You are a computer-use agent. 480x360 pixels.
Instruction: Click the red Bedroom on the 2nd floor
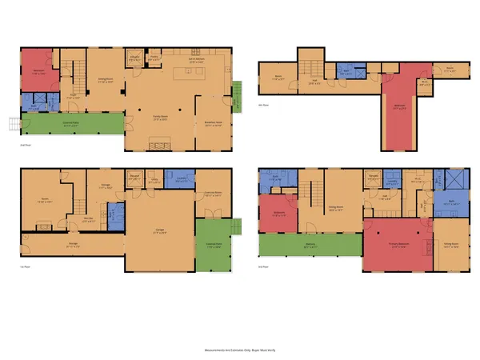click(37, 70)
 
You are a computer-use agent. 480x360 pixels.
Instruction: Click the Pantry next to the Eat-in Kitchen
click(155, 57)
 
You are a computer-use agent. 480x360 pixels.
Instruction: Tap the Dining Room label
click(102, 80)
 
